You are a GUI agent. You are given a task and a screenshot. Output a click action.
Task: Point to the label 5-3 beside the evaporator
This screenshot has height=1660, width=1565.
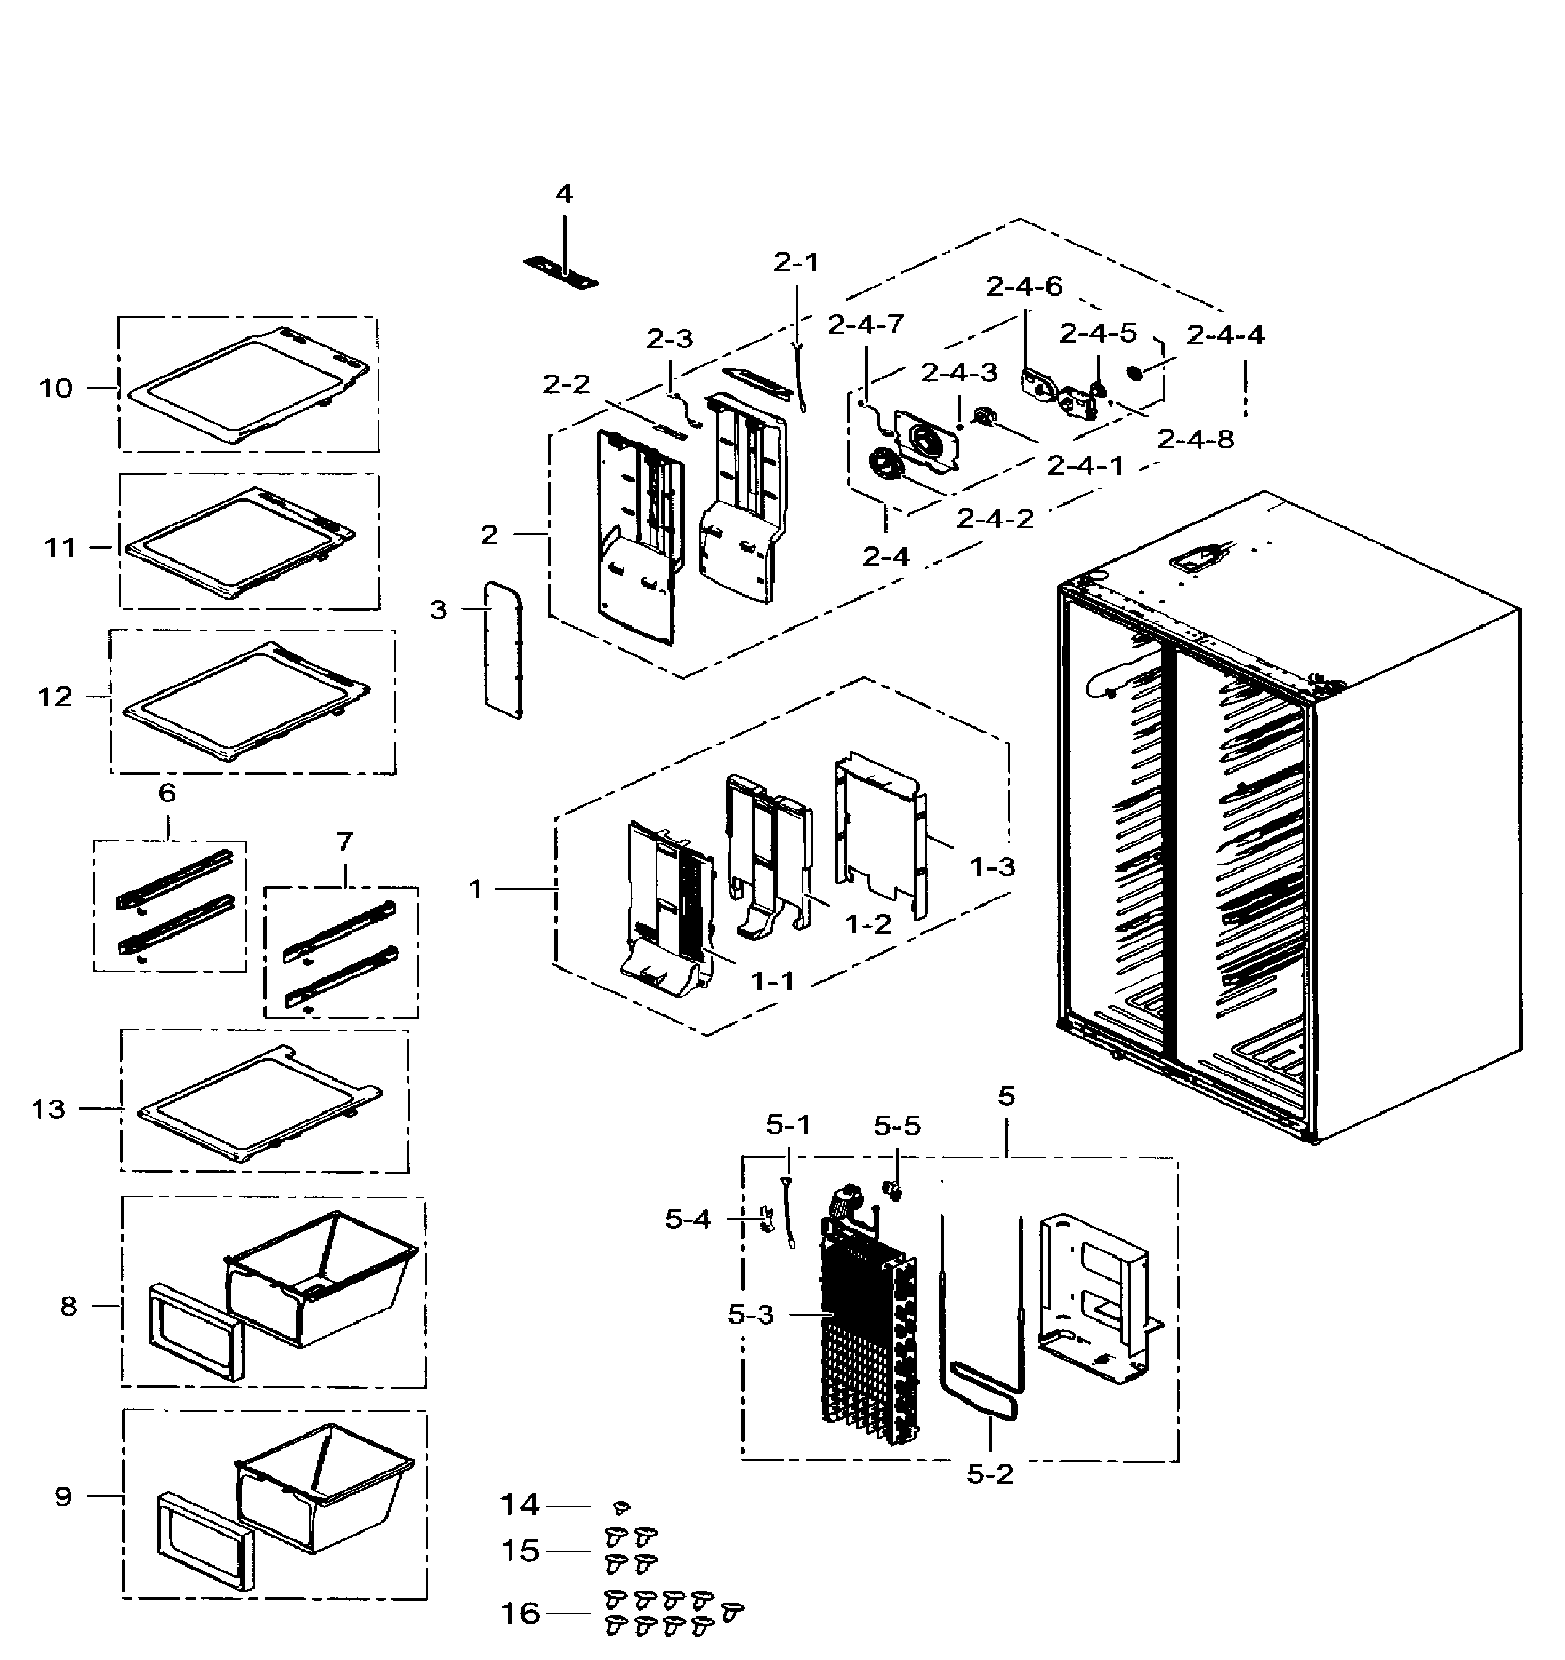click(x=751, y=1315)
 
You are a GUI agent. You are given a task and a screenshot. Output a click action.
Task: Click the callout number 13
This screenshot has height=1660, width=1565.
click(x=49, y=1110)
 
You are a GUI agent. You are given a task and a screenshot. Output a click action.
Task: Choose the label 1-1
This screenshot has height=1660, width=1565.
click(x=773, y=981)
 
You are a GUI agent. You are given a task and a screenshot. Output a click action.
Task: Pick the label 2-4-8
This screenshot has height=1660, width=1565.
click(x=1195, y=439)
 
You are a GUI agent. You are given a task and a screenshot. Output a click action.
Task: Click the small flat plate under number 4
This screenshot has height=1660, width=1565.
click(x=561, y=273)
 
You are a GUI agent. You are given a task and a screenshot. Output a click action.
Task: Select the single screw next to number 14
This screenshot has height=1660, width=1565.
click(x=621, y=1507)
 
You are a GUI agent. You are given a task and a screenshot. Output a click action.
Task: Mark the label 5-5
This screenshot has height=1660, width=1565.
click(x=897, y=1126)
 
